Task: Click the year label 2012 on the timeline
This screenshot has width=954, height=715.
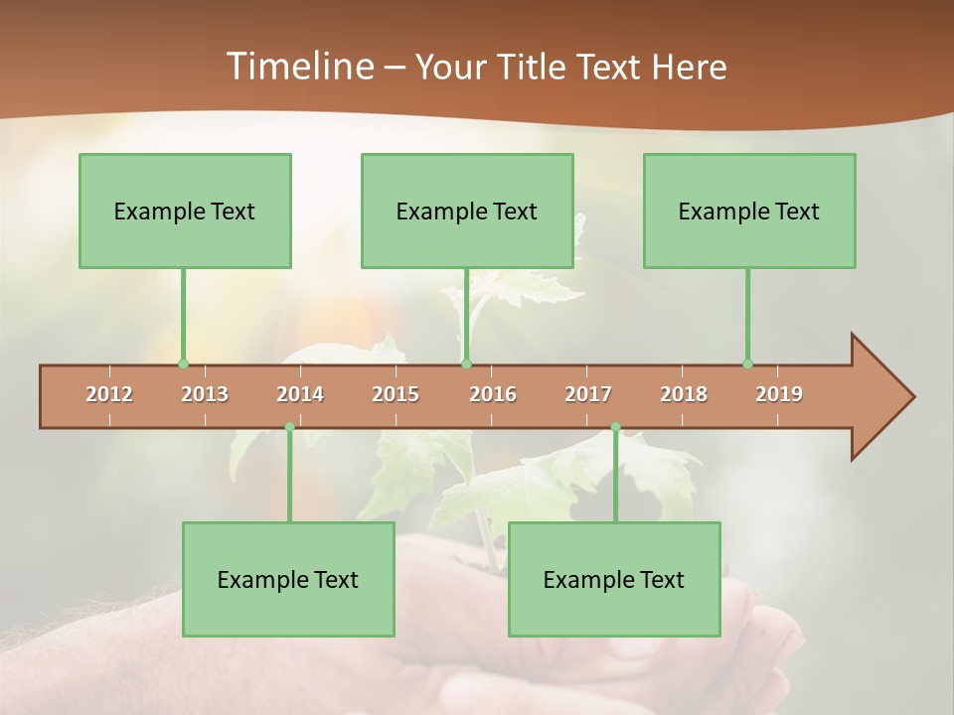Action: click(x=109, y=394)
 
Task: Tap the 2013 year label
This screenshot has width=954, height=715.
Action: click(x=205, y=394)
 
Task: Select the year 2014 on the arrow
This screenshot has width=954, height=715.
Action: click(x=300, y=394)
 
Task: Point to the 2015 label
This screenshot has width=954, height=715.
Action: click(x=396, y=394)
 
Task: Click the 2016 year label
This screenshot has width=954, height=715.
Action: click(x=493, y=394)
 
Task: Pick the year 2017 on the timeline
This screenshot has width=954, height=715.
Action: click(x=588, y=394)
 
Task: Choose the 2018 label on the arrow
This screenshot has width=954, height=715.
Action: click(x=684, y=394)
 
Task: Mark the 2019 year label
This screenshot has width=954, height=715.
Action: click(x=779, y=394)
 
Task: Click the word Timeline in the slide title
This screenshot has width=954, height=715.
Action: click(x=298, y=67)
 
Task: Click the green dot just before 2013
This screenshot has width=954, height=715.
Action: click(x=183, y=363)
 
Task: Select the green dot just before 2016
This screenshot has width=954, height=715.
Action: click(x=466, y=363)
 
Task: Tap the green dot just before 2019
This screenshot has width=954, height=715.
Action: click(x=747, y=363)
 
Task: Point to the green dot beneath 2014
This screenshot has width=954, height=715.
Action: click(x=289, y=427)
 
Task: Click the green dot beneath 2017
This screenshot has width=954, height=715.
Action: click(x=615, y=427)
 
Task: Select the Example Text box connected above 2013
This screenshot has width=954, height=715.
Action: click(x=185, y=211)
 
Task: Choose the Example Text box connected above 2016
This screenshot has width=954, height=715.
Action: click(x=467, y=211)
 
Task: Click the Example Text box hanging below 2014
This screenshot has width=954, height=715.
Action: click(x=288, y=579)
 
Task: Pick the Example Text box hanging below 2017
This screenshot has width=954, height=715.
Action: click(x=614, y=579)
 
